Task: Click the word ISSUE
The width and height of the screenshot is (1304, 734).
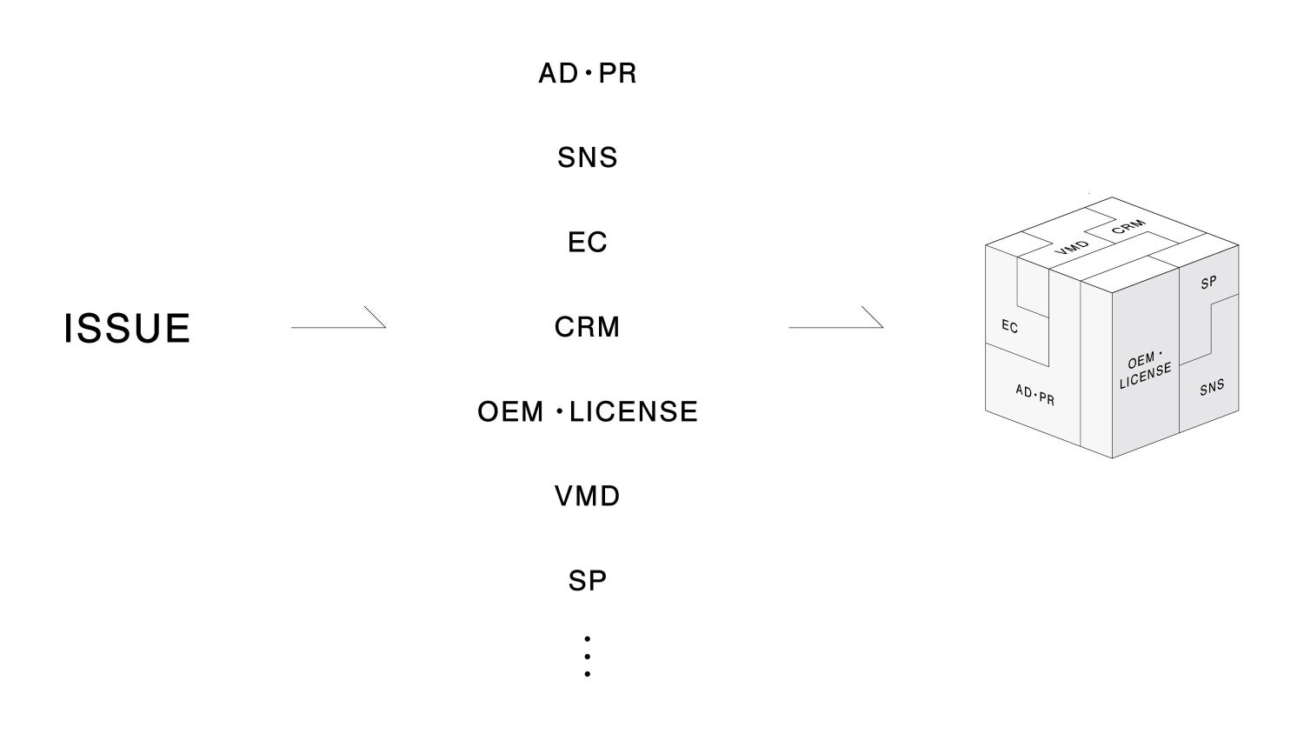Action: pyautogui.click(x=127, y=329)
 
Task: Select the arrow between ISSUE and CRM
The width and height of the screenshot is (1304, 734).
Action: pyautogui.click(x=338, y=324)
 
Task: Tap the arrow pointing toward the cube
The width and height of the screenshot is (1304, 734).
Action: pyautogui.click(x=835, y=324)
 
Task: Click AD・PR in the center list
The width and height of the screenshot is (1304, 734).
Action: pyautogui.click(x=588, y=74)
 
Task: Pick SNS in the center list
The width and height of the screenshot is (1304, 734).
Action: pyautogui.click(x=588, y=158)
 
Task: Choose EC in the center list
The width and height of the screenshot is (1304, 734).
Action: pyautogui.click(x=588, y=243)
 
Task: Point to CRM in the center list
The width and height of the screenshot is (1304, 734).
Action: pyautogui.click(x=588, y=327)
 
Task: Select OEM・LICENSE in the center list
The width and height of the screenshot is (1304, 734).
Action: pyautogui.click(x=588, y=411)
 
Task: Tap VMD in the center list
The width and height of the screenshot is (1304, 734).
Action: pyautogui.click(x=588, y=497)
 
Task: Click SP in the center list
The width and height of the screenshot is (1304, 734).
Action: pyautogui.click(x=588, y=581)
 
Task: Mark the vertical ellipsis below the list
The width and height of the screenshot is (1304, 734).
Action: pyautogui.click(x=588, y=657)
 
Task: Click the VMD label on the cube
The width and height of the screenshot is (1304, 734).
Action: pyautogui.click(x=1072, y=247)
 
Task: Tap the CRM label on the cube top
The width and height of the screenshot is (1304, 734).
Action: pyautogui.click(x=1128, y=227)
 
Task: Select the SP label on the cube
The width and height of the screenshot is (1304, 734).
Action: pyautogui.click(x=1208, y=283)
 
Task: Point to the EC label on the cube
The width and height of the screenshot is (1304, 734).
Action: pyautogui.click(x=1009, y=326)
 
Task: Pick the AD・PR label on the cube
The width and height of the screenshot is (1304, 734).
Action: pyautogui.click(x=1035, y=395)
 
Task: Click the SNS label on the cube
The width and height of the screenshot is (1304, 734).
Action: pyautogui.click(x=1212, y=387)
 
